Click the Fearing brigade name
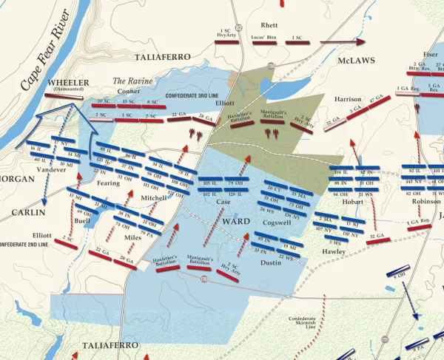click(x=107, y=182)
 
